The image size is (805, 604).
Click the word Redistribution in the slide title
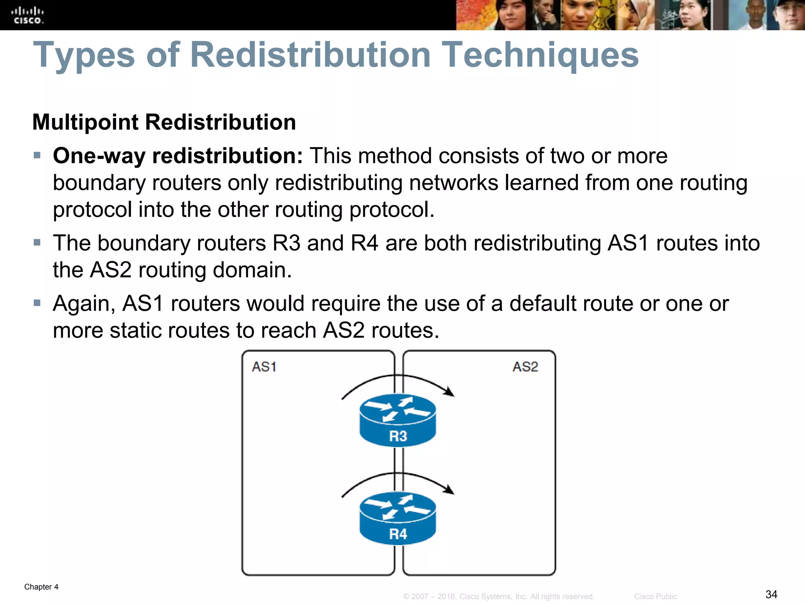[310, 55]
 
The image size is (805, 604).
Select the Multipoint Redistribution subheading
[164, 122]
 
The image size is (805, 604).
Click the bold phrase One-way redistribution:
[178, 156]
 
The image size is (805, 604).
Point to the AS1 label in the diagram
[264, 367]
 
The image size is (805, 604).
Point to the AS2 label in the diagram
[525, 367]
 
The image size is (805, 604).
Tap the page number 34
[771, 594]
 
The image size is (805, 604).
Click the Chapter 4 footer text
[41, 587]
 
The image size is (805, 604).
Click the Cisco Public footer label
[655, 597]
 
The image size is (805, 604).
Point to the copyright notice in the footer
[498, 597]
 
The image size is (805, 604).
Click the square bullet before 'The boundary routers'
[37, 243]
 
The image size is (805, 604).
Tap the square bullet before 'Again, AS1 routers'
[37, 303]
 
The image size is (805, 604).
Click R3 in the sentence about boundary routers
[287, 243]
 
